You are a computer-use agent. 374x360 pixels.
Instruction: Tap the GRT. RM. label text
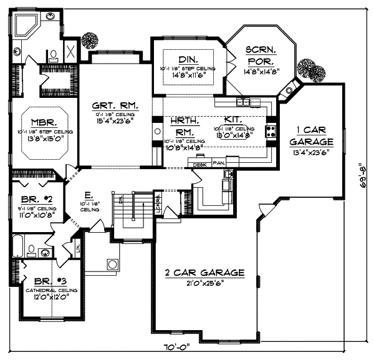[x=115, y=105]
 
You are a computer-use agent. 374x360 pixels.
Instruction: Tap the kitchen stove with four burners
[x=272, y=131]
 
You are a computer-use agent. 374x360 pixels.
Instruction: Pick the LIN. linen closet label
[x=78, y=250]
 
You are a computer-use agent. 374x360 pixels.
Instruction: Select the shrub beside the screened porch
[x=305, y=67]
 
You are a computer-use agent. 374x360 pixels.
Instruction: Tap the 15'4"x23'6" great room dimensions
[x=115, y=121]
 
